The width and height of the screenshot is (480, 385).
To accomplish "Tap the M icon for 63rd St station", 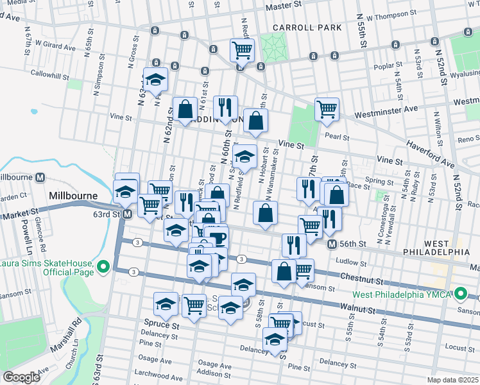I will click(127, 214).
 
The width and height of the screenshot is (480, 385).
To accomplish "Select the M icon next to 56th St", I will click(332, 244).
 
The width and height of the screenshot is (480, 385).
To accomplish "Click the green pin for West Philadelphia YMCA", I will click(460, 295).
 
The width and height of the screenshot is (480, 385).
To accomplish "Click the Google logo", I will click(21, 377).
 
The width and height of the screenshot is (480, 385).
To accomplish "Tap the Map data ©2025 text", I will click(452, 380).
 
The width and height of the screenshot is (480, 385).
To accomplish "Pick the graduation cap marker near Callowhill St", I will click(155, 80).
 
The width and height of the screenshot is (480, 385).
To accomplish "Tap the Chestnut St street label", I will click(360, 281).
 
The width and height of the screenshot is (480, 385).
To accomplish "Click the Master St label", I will click(284, 5).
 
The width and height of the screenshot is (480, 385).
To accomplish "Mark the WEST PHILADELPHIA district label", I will click(436, 248).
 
